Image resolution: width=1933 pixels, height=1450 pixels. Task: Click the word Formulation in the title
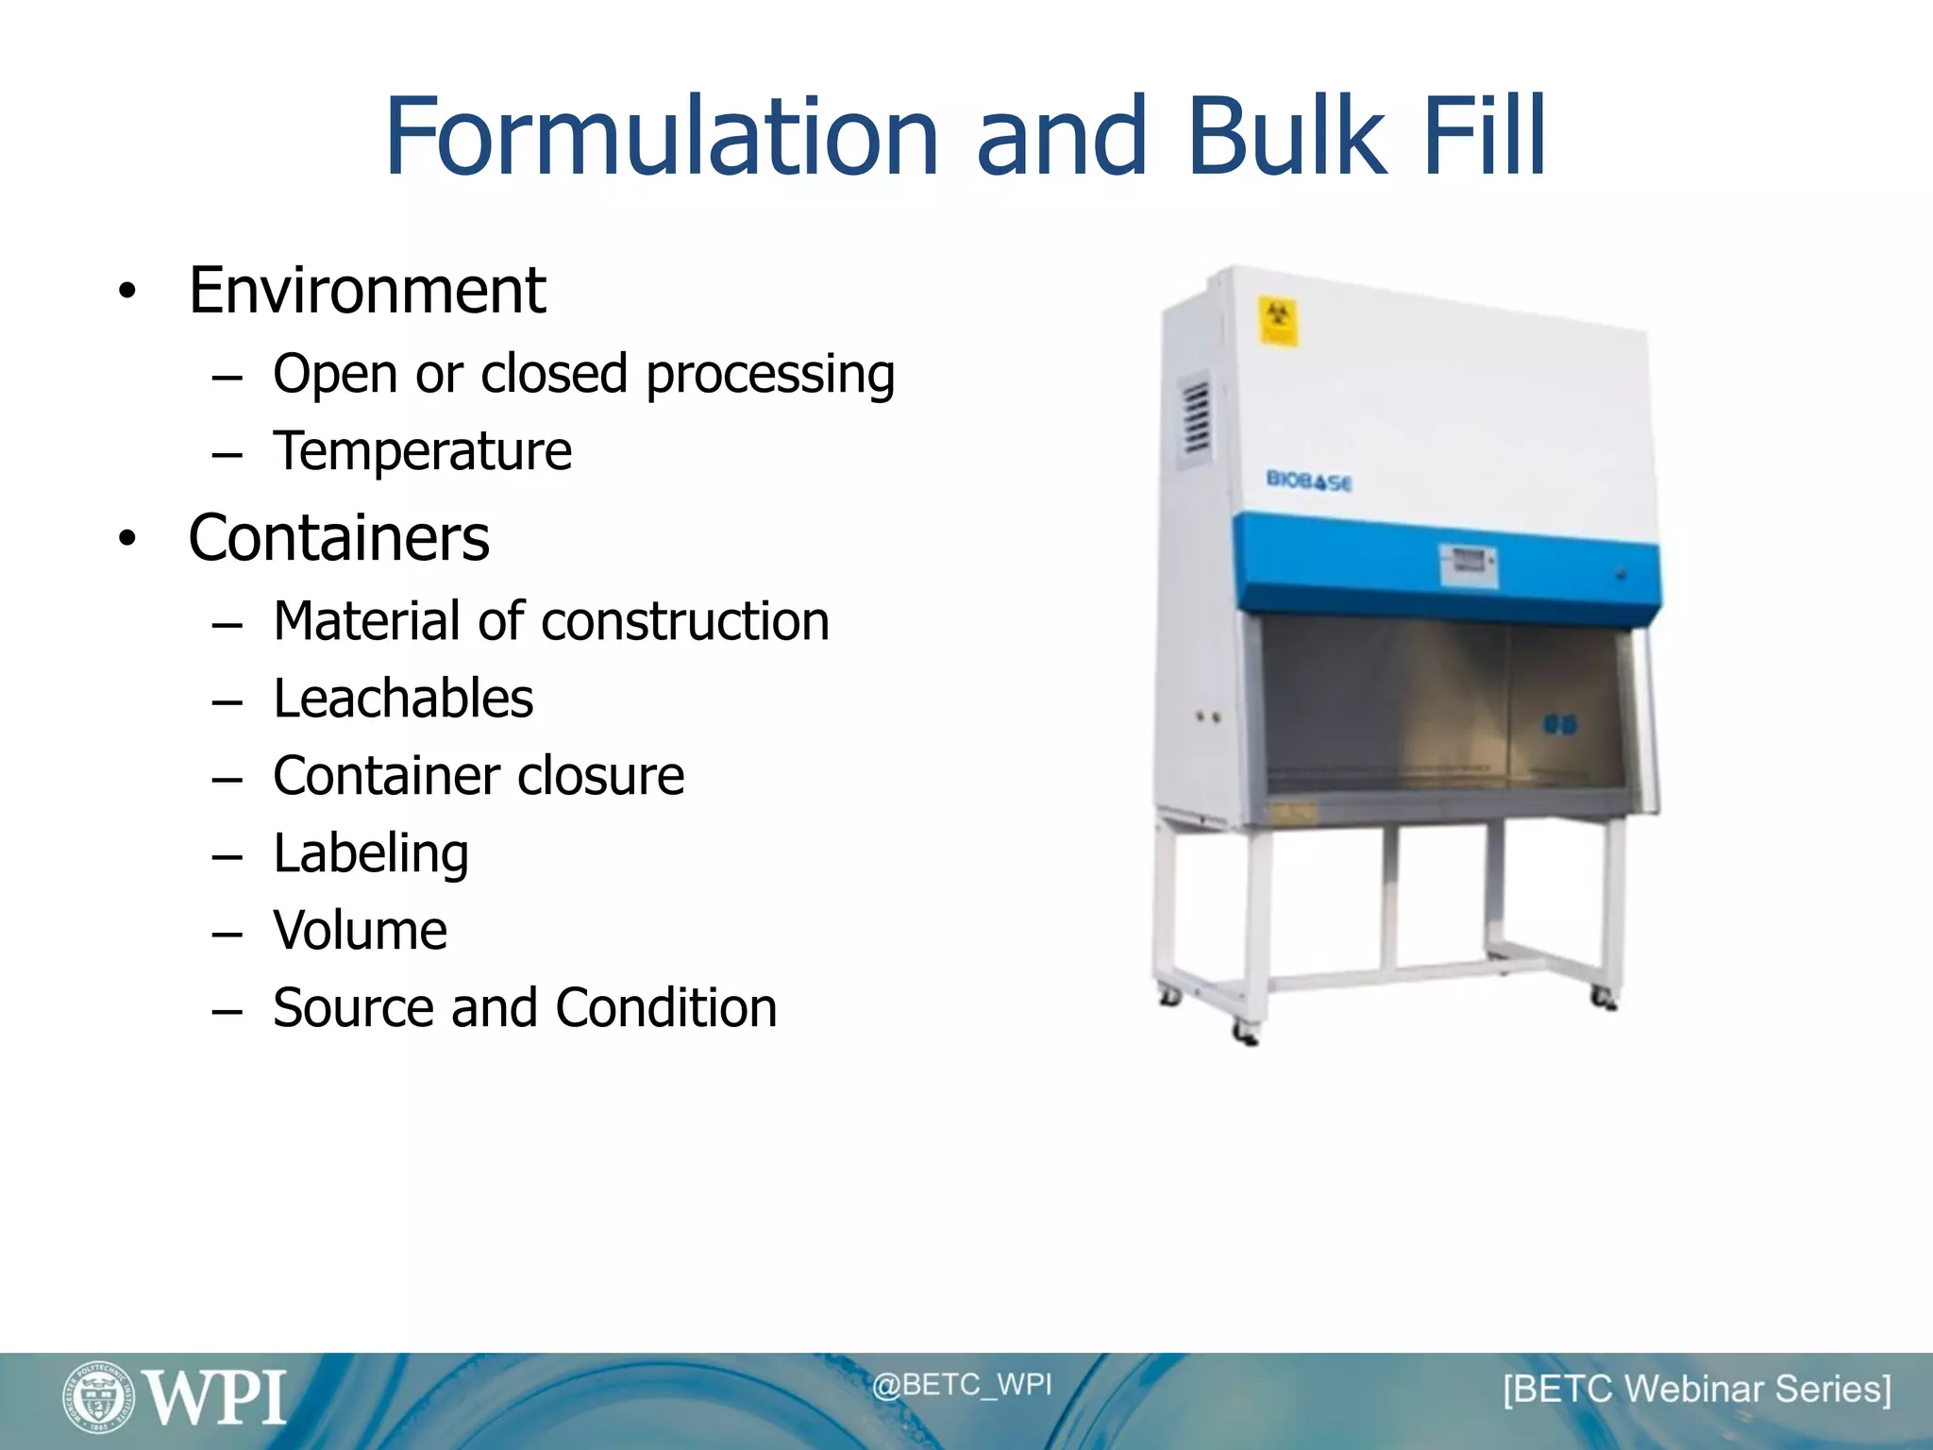coord(661,137)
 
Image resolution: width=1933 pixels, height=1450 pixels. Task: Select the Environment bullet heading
coord(366,291)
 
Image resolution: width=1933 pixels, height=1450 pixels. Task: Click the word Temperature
coord(422,451)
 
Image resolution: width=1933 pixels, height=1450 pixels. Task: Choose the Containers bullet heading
coord(339,538)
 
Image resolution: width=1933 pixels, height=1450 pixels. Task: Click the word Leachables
coord(403,699)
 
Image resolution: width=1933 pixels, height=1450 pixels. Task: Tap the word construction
coord(685,621)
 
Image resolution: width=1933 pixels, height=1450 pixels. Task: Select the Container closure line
coord(479,776)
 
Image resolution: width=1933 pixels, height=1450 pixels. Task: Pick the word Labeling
coord(371,853)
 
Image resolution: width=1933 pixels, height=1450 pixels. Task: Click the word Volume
coord(360,931)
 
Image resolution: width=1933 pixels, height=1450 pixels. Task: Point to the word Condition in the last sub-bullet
coord(666,1008)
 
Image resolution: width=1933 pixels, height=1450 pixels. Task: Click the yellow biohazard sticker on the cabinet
coord(1277,321)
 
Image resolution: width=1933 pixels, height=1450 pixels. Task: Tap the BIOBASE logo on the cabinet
coord(1308,481)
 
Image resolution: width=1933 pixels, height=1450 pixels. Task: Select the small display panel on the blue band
coord(1467,564)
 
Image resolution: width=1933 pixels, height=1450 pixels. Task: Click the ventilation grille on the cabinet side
coord(1196,415)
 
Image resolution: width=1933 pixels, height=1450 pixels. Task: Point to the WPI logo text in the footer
coord(216,1398)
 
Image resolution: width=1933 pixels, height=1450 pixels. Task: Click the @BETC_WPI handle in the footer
coord(961,1385)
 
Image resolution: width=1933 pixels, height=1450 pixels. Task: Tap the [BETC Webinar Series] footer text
coord(1696,1390)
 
